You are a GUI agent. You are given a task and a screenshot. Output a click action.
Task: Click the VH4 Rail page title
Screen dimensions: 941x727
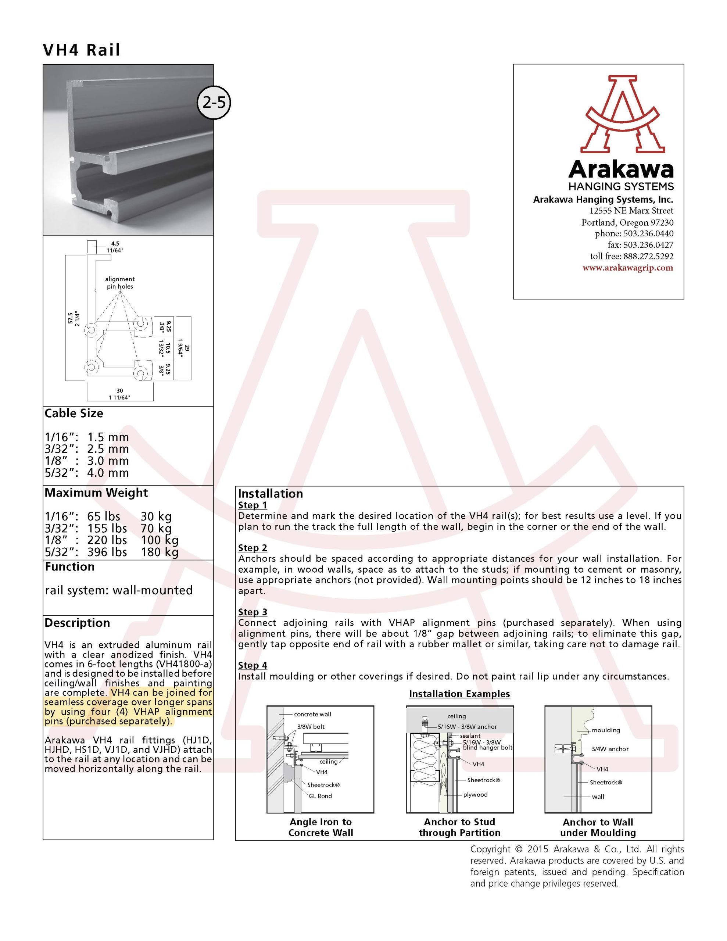[x=82, y=50]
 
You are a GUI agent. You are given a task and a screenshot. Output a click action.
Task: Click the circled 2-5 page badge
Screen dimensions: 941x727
[x=214, y=103]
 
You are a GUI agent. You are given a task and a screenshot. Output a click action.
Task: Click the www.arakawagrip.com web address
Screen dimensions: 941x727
[x=627, y=268]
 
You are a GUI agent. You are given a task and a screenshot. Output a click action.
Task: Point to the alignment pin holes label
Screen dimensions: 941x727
[x=120, y=283]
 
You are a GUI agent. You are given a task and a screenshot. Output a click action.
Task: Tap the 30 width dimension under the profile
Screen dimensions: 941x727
[x=120, y=391]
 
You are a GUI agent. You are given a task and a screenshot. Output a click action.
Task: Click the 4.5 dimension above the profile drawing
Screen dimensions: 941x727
[x=115, y=243]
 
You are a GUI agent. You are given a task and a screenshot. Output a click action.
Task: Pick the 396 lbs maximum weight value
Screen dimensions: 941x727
[x=107, y=552]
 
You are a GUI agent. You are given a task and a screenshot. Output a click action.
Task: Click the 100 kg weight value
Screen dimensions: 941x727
[x=160, y=540]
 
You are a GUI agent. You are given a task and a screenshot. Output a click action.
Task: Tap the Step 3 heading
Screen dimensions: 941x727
[x=253, y=612]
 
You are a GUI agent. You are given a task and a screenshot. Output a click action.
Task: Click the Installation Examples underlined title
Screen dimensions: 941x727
[x=459, y=694]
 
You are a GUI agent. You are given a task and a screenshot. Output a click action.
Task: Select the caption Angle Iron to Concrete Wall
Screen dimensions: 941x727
[x=320, y=827]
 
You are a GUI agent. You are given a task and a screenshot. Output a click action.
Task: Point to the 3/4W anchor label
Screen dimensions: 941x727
[x=610, y=749]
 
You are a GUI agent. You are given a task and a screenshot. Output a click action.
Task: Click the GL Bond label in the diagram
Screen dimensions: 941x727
[x=320, y=796]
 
